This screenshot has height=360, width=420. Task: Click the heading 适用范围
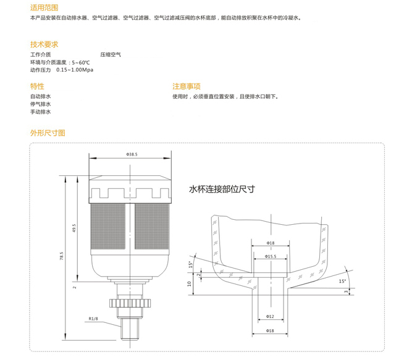click(44, 8)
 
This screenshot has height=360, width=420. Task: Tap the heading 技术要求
click(44, 44)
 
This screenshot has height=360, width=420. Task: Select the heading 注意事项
click(187, 86)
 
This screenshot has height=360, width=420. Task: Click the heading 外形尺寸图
click(48, 133)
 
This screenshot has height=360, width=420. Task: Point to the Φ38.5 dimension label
click(132, 154)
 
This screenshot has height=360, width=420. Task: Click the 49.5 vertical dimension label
click(74, 228)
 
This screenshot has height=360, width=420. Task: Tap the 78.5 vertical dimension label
click(62, 256)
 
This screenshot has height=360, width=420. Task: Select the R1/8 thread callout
click(93, 319)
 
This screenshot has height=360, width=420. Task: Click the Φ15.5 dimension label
click(271, 256)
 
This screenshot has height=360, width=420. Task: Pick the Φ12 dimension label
click(270, 316)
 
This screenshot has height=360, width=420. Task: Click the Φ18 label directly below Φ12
click(270, 331)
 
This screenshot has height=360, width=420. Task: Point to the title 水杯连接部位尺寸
click(222, 190)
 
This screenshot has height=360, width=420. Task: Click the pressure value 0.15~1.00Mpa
click(75, 70)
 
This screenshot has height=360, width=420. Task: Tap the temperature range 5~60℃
click(81, 63)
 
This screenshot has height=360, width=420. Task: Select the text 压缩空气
click(111, 54)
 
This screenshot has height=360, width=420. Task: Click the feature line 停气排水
click(40, 104)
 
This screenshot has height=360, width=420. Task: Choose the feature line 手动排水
click(40, 112)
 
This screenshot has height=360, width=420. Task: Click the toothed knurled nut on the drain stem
click(130, 303)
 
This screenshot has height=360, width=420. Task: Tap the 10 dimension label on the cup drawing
click(190, 284)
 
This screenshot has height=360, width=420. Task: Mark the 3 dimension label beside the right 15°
click(346, 291)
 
